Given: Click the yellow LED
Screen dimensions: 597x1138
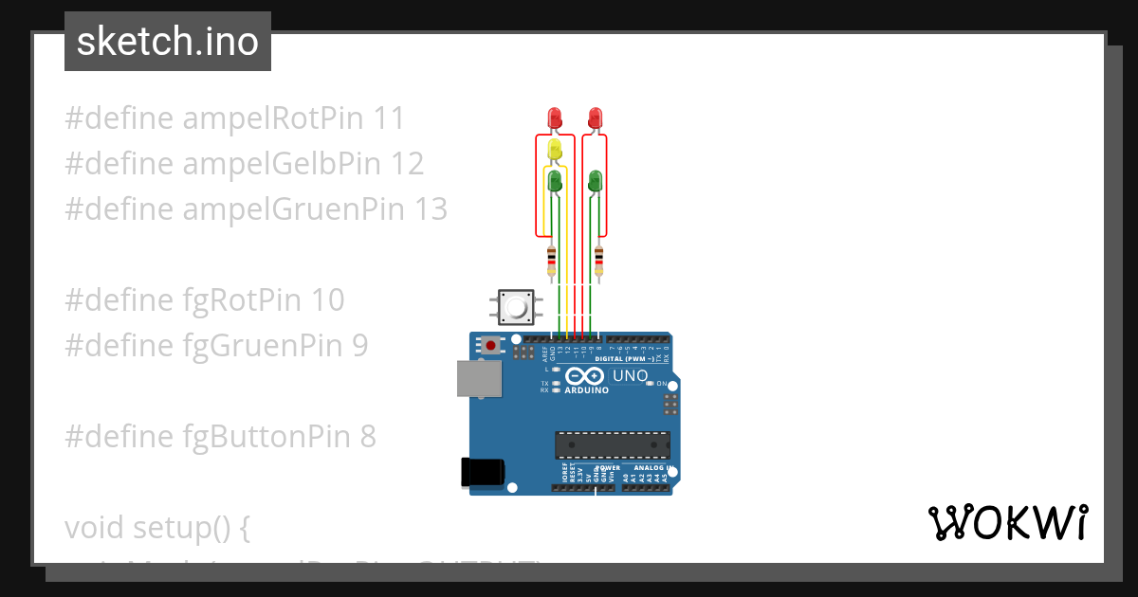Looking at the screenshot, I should [556, 149].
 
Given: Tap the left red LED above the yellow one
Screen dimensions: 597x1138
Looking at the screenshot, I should [556, 118].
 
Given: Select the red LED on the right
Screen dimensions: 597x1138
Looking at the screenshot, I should [595, 118].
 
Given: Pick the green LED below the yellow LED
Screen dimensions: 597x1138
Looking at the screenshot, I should [556, 180].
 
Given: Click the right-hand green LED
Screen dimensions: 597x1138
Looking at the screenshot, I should [595, 179].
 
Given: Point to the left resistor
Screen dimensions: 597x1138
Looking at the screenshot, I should [551, 260].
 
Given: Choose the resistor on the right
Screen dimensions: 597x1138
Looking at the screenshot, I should [598, 260].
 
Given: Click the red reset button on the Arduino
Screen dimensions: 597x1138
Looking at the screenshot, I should [489, 345].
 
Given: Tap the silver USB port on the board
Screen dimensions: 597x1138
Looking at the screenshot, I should [477, 377].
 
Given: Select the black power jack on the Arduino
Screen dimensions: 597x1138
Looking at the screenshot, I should [482, 472].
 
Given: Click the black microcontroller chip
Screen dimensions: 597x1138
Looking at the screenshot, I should [612, 444].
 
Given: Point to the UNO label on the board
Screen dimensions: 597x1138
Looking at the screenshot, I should [631, 376].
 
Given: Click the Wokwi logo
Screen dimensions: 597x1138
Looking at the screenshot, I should [1007, 522].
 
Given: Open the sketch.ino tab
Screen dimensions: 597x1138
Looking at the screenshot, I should [168, 42].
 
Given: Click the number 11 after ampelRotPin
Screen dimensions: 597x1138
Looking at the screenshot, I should [389, 118].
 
